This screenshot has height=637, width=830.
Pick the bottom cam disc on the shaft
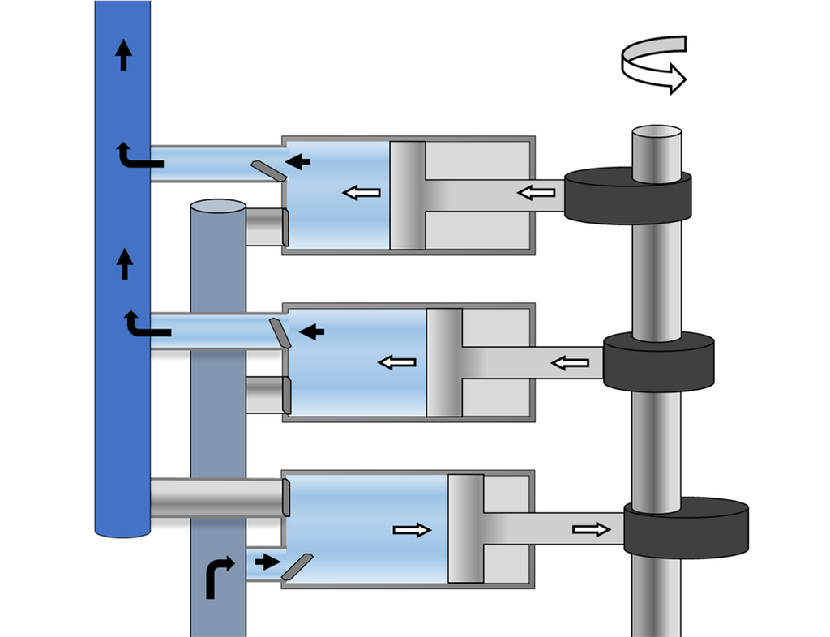[x=686, y=528]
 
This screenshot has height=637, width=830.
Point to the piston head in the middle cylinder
[x=444, y=362]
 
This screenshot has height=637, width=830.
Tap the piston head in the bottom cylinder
[x=465, y=528]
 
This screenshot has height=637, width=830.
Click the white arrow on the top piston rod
[x=537, y=193]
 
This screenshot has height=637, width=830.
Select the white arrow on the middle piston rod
[x=571, y=362]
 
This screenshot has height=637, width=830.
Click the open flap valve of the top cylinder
[x=267, y=170]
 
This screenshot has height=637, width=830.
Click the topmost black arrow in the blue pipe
[x=123, y=56]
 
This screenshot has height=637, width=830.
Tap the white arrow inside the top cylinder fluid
[x=361, y=193]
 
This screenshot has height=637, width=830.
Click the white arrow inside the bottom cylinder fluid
[x=412, y=530]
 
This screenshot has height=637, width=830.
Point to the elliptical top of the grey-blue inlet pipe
[x=218, y=207]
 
